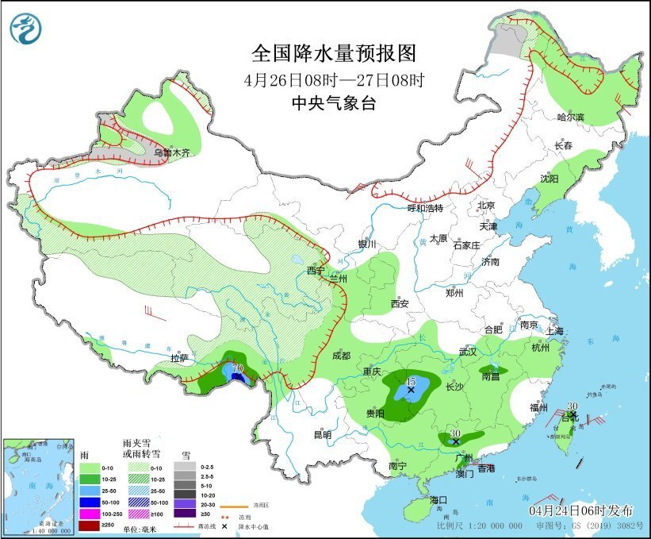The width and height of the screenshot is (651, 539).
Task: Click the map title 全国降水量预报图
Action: coord(333,53)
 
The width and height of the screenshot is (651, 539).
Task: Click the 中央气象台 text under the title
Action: coord(333,103)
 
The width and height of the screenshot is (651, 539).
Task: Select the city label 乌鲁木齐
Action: coord(172,152)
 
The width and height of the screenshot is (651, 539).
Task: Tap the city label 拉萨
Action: coord(180,358)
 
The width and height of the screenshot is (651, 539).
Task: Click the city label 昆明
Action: coord(322,434)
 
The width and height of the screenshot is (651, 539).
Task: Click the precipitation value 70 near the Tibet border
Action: coord(236,369)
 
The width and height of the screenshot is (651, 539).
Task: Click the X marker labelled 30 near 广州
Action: coord(456,441)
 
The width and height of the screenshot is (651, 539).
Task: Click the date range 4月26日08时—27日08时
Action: coord(333,80)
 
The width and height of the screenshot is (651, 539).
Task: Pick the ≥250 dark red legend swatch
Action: coord(90,526)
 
